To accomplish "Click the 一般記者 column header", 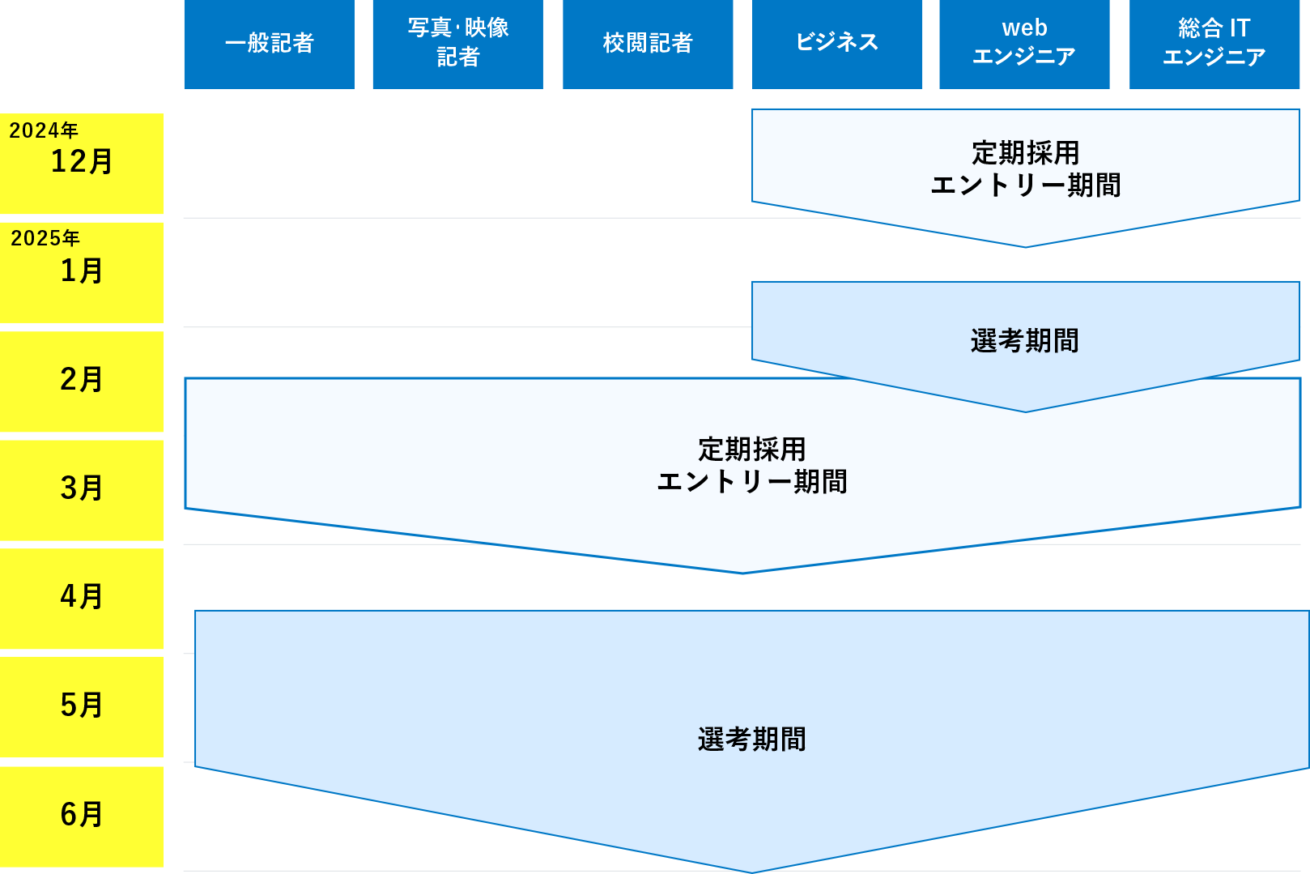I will point(269,44).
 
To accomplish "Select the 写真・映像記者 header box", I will point(457,44).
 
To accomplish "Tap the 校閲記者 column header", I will point(647,44).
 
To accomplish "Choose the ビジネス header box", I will point(836,44).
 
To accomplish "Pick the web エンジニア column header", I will point(1024,44).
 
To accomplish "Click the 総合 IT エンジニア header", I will point(1214,44).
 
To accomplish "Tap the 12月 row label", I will point(81,162).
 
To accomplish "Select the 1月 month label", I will point(81,271).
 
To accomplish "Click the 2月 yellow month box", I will point(81,380).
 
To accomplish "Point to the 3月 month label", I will point(81,488).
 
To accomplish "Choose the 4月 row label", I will point(81,597).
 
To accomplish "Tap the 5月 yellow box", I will point(81,706).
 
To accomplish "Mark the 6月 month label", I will point(81,815).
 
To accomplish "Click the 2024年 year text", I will point(44,130).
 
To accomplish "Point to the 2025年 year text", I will point(45,238).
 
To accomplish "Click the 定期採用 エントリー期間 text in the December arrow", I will point(1025,169).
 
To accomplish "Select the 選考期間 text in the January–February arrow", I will point(1025,341).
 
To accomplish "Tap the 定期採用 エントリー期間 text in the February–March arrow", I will point(751,466).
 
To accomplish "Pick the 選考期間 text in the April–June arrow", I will point(751,740).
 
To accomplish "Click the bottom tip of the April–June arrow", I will point(751,870).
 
